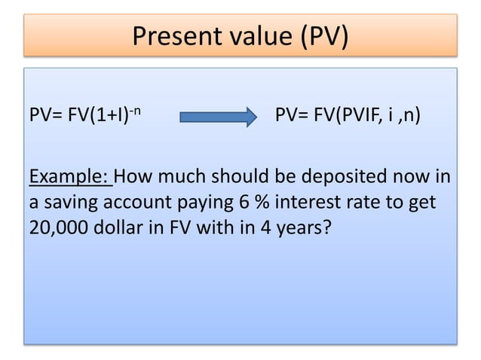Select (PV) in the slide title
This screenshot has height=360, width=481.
coord(323,35)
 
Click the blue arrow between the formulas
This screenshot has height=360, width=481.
coord(218,117)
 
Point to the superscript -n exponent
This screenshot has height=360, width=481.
coord(136,111)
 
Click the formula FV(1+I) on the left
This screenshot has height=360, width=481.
coord(94,117)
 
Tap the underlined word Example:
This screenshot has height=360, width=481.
coord(69,178)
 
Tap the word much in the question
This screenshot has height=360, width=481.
coord(182,178)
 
